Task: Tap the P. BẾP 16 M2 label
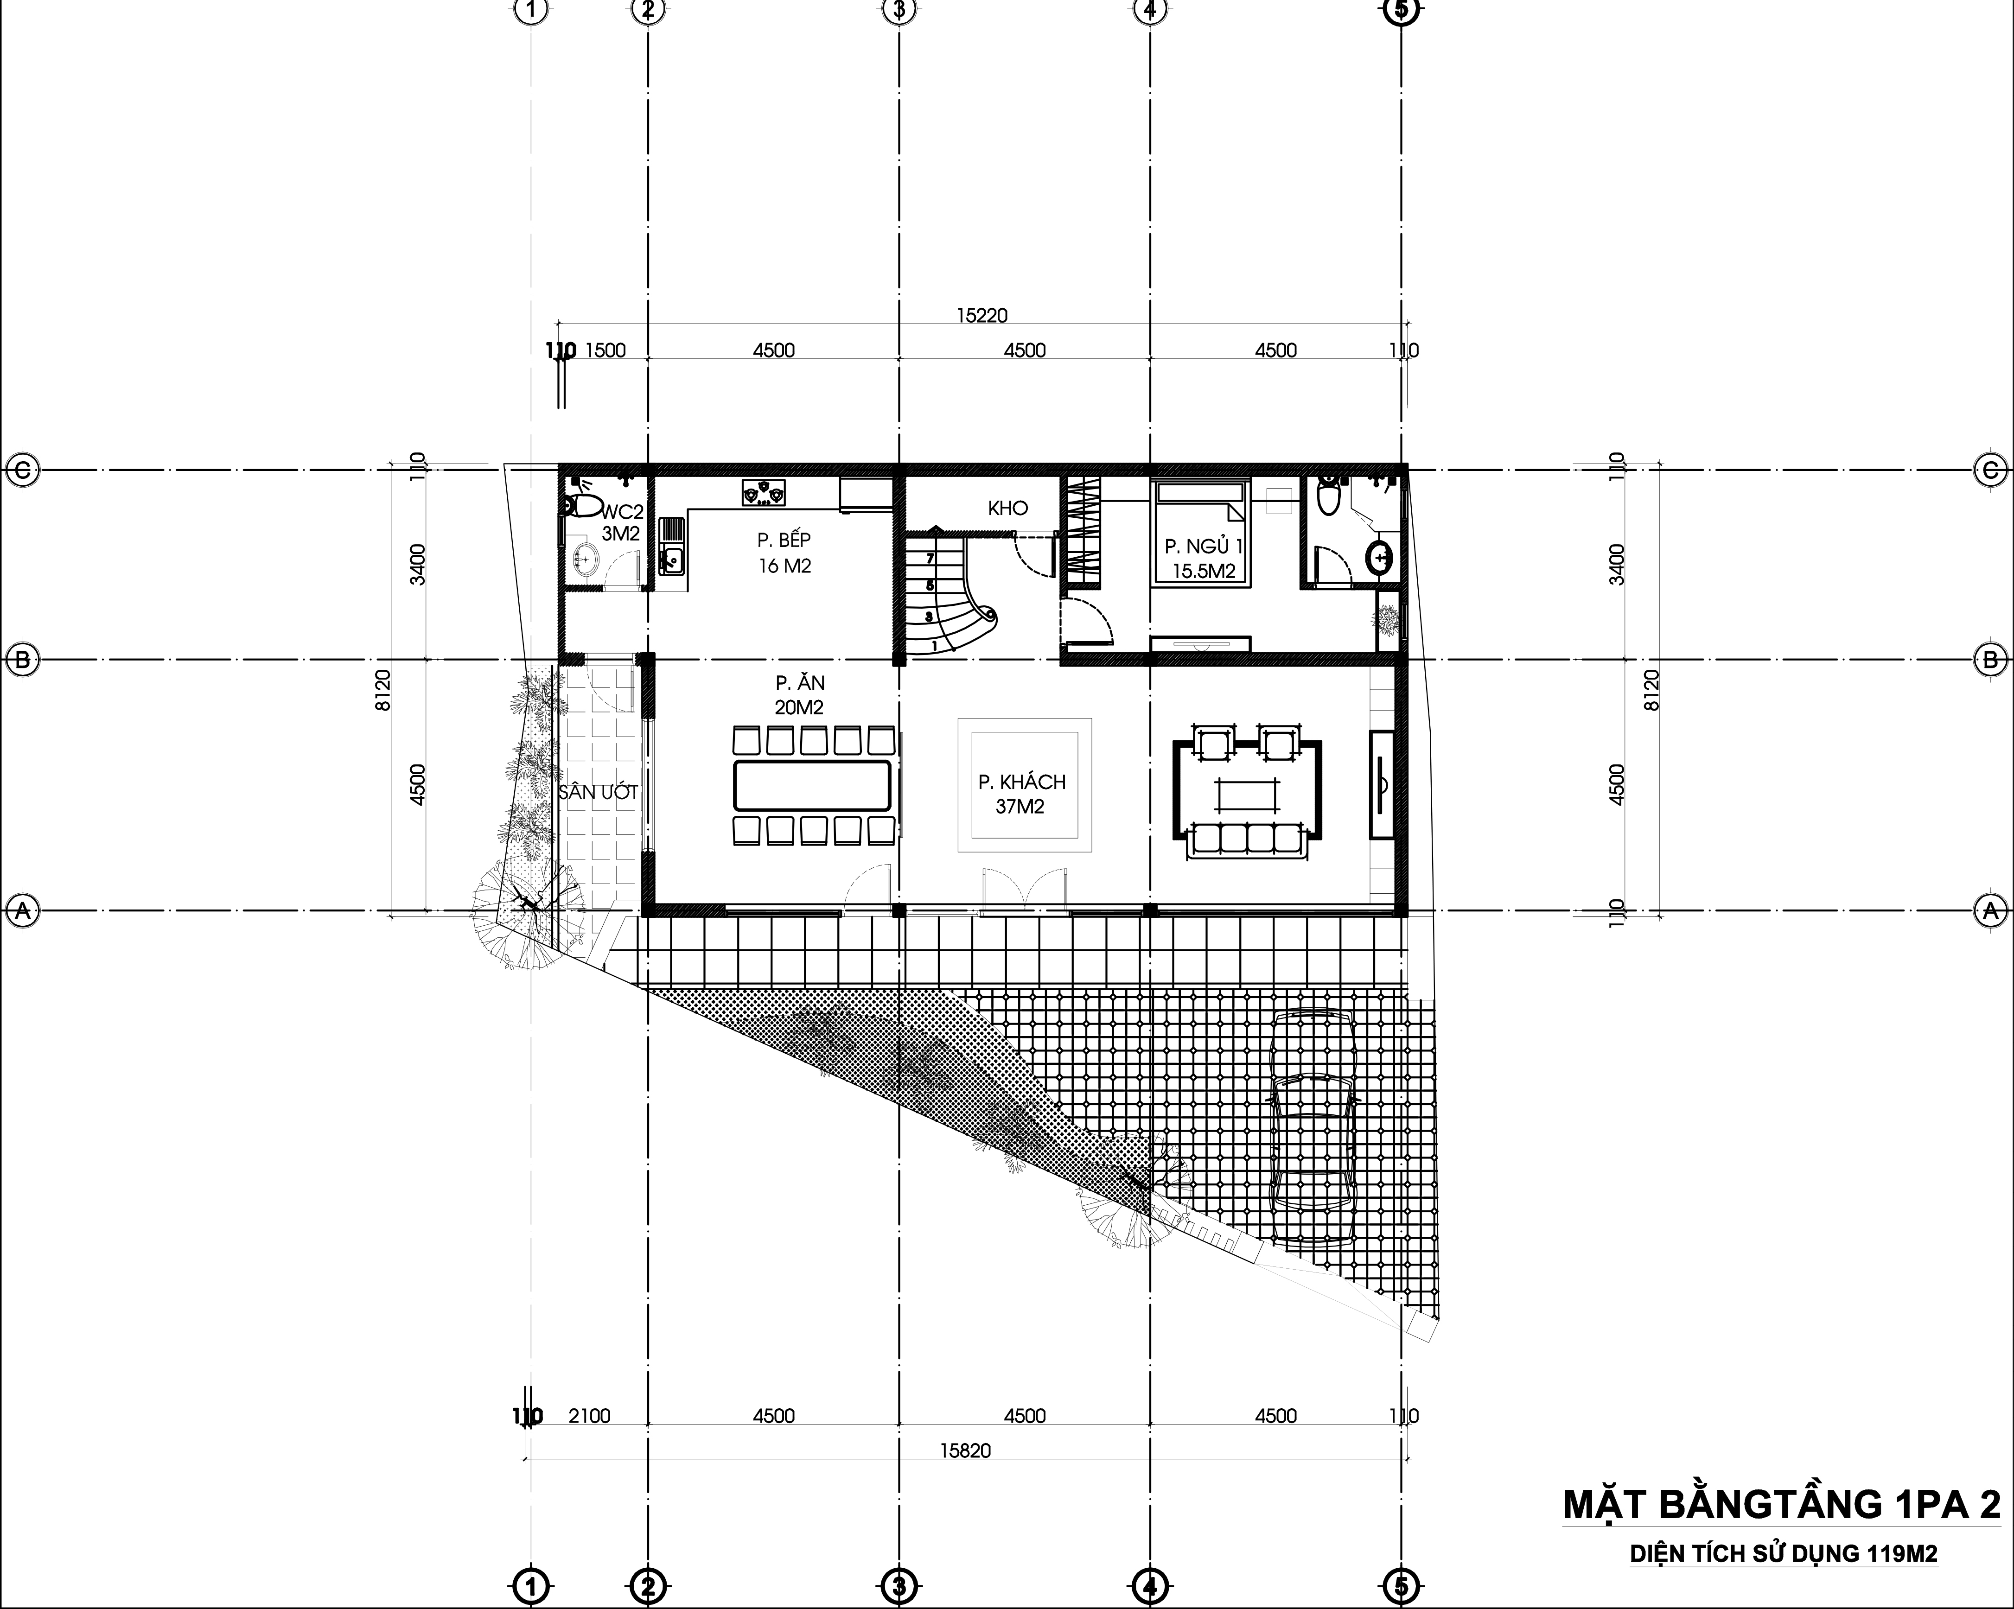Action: [784, 552]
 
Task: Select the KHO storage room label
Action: [1008, 508]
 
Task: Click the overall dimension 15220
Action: [982, 316]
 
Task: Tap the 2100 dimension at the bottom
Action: [589, 1416]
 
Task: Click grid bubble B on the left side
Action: [22, 659]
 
